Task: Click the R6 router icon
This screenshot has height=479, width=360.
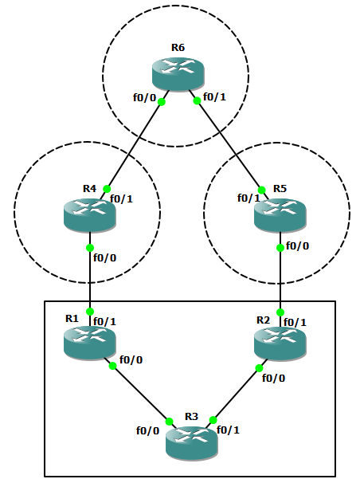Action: click(178, 74)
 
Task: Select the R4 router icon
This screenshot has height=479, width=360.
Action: click(90, 213)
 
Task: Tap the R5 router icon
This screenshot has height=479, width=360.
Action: click(280, 213)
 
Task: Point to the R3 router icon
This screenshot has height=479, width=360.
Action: click(191, 441)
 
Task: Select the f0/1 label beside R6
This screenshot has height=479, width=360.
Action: click(215, 98)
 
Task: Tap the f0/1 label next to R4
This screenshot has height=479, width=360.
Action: click(120, 198)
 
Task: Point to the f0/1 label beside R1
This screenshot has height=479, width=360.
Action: click(105, 322)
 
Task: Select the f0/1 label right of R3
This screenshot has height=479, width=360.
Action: click(229, 430)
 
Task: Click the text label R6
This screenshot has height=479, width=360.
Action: click(178, 48)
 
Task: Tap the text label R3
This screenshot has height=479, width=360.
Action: click(191, 416)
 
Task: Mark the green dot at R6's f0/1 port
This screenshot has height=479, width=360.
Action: click(196, 101)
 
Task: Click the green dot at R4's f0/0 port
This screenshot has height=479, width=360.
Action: click(91, 247)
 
